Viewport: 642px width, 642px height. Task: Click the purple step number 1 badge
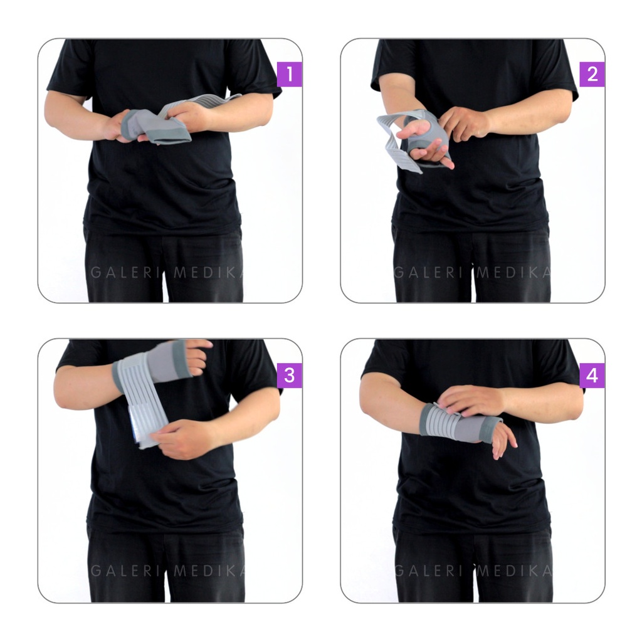(290, 74)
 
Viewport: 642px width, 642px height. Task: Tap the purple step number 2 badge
(592, 74)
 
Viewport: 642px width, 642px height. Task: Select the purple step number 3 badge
(290, 376)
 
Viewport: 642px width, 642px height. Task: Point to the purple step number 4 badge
(592, 376)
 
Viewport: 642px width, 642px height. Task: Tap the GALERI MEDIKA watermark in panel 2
(473, 272)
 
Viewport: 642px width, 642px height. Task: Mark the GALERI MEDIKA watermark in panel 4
(473, 571)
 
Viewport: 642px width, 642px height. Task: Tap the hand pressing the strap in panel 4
(471, 399)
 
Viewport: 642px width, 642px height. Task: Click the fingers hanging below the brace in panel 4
(503, 440)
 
